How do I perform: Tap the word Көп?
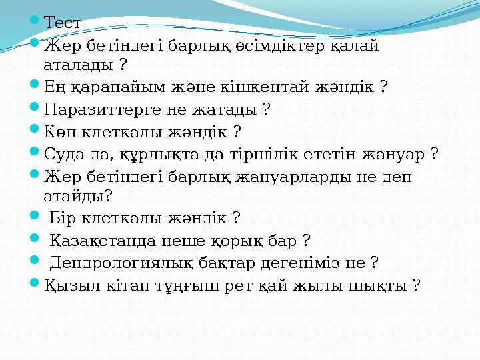click(58, 131)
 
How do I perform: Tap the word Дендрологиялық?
click(124, 263)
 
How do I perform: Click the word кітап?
click(125, 285)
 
